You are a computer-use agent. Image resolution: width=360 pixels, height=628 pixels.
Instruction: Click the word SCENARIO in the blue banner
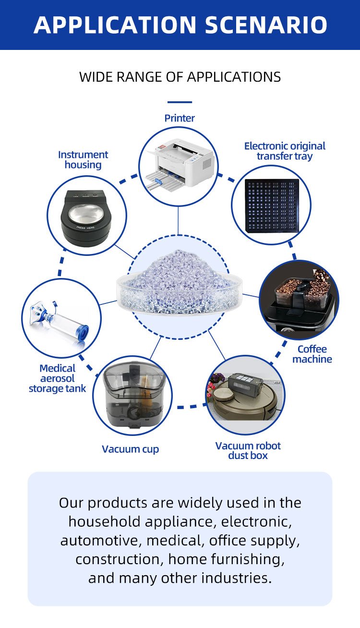[266, 24]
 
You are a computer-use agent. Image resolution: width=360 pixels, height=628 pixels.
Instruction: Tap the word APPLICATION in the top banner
[115, 24]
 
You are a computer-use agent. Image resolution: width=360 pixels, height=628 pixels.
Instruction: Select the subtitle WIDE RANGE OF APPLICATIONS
[180, 77]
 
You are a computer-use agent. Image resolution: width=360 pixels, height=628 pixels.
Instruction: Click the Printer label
[180, 118]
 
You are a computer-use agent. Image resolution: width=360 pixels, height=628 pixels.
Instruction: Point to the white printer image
[180, 165]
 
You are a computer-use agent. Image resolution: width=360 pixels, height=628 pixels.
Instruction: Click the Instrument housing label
[83, 159]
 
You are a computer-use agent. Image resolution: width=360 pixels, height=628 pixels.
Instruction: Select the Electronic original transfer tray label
[285, 151]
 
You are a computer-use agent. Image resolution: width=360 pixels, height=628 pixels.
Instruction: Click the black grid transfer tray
[272, 205]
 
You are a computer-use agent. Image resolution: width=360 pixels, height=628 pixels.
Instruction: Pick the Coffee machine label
[312, 354]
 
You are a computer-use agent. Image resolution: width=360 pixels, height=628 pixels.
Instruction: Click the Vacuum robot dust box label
[248, 450]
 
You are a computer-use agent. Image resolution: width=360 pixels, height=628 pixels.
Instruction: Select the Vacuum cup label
[131, 449]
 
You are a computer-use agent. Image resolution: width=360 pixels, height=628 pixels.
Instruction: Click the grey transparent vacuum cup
[133, 395]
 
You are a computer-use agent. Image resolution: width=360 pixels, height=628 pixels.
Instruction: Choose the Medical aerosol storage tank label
[58, 378]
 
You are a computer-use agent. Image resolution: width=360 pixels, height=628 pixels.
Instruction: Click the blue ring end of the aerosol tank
[82, 333]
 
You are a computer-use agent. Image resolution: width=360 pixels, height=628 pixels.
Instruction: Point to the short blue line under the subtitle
[180, 102]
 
